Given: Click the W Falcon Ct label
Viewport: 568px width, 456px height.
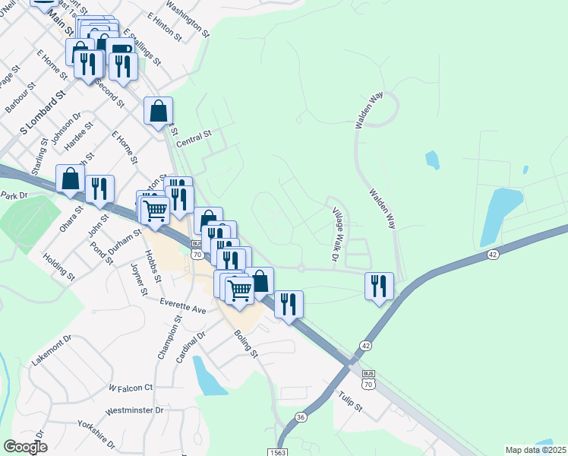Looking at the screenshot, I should [x=131, y=388].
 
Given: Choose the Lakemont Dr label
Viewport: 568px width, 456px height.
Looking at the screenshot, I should [x=52, y=349].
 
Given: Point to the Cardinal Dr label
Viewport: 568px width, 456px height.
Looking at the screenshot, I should [x=191, y=346].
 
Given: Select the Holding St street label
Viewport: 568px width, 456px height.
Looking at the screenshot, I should [x=59, y=268].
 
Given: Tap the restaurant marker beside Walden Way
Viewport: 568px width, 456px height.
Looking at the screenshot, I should [x=379, y=287].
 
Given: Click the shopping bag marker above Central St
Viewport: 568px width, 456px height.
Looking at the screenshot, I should [x=158, y=111].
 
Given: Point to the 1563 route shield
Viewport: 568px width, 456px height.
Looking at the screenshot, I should [x=276, y=451].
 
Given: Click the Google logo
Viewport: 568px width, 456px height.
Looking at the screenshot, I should [x=25, y=447].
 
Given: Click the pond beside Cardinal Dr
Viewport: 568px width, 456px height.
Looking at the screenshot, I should [x=209, y=375].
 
